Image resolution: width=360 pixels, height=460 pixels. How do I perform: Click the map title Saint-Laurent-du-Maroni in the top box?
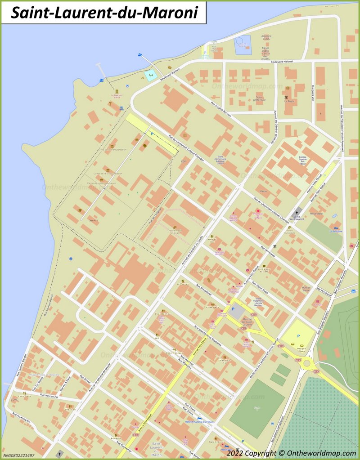point(104,13)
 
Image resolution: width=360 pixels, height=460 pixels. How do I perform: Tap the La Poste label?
point(289,101)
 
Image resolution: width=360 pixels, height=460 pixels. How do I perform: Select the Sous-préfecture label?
point(260,98)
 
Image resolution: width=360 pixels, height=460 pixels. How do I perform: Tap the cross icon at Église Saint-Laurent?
point(297,211)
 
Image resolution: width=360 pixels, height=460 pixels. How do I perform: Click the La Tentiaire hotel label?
point(336,231)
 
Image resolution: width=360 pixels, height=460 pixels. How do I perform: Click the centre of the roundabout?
point(307,362)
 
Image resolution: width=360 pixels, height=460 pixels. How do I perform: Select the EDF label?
point(183,161)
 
